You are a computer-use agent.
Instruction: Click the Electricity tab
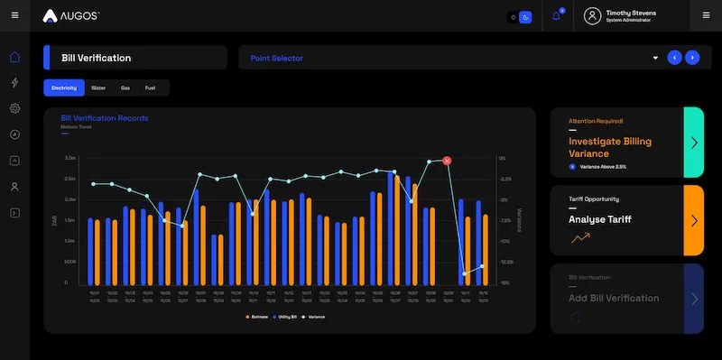pos(63,88)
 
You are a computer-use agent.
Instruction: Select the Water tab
pos(98,88)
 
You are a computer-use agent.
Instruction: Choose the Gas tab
pos(125,88)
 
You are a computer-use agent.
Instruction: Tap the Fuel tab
pos(150,88)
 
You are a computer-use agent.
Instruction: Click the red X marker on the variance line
pos(447,161)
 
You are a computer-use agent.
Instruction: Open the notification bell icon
pos(556,16)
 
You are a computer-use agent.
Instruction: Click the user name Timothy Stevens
pos(631,13)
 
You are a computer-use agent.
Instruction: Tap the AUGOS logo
pos(71,16)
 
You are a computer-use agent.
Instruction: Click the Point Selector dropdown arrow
pos(655,58)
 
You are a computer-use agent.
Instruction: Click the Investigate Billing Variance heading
pos(610,147)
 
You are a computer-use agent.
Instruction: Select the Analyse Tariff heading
pos(599,219)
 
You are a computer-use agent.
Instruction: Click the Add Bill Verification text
pos(614,298)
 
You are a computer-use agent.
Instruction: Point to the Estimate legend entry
pos(257,317)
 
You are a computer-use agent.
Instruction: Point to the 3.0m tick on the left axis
pos(69,158)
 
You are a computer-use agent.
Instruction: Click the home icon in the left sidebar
pos(14,58)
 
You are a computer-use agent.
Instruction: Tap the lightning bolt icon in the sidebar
pos(14,83)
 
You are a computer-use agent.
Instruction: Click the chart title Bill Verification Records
pos(104,118)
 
